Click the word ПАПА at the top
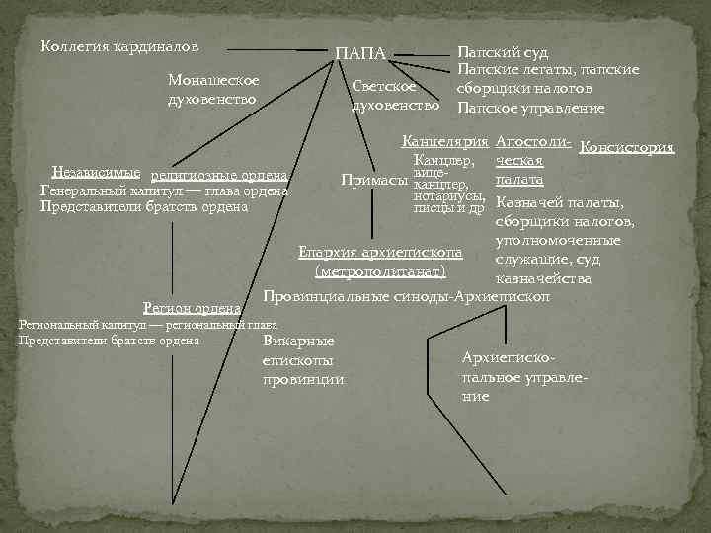(x=359, y=52)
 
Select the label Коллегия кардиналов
(x=119, y=45)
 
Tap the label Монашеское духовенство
(x=213, y=89)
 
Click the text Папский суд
(x=502, y=52)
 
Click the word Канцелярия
(x=445, y=143)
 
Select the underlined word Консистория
(x=628, y=148)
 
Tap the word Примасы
(x=374, y=181)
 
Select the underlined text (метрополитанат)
(x=379, y=271)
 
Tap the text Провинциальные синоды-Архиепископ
(x=406, y=295)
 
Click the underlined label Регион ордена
(x=192, y=308)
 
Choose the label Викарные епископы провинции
(x=303, y=360)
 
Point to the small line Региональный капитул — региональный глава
(x=147, y=325)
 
